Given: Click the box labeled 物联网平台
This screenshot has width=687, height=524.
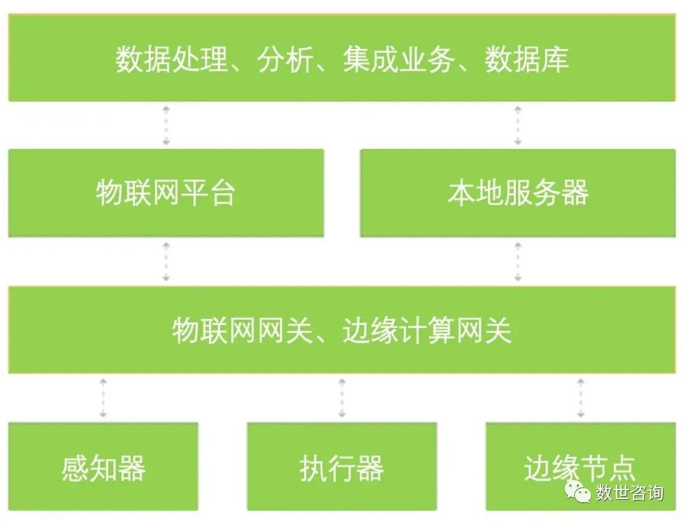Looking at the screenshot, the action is coord(165,193).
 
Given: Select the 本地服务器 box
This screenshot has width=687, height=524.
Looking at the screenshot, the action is coord(518,193).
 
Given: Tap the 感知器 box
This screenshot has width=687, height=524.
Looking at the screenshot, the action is coord(103,467).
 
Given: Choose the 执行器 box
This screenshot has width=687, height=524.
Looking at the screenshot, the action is coord(342,467).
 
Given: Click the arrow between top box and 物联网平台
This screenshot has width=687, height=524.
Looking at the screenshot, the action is coord(165,125).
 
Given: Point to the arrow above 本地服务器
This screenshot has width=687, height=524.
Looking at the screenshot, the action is coord(518,125).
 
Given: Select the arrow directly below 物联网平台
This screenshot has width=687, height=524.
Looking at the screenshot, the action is coord(165,262).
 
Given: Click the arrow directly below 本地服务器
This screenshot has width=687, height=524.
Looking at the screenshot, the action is coord(518,262).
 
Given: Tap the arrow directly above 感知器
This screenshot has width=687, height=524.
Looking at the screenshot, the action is coord(103,398).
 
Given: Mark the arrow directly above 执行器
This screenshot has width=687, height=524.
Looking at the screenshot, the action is coord(342,398).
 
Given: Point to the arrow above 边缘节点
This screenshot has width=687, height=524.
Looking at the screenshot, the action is coord(580,398).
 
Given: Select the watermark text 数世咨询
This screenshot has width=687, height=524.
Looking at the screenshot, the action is coord(629,493).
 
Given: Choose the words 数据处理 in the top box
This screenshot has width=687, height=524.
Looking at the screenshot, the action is coord(171,60).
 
